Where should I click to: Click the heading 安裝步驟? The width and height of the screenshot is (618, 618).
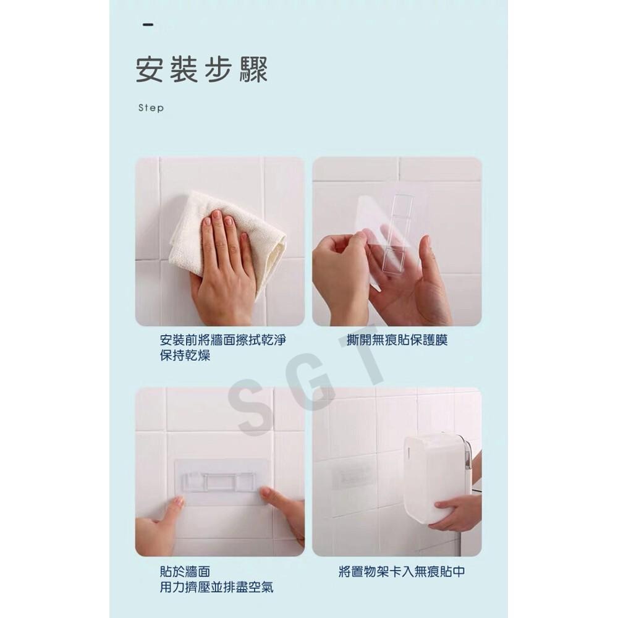point(201,69)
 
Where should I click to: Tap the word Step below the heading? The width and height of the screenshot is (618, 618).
point(151,108)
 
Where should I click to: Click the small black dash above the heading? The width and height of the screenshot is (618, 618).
point(148,25)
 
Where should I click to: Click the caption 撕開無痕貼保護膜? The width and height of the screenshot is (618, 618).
point(397,341)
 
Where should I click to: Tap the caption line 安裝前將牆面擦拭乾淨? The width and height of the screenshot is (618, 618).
point(222,341)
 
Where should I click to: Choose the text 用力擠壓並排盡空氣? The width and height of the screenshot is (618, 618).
point(216,588)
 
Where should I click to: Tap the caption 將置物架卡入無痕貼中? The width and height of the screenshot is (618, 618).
point(402,572)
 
